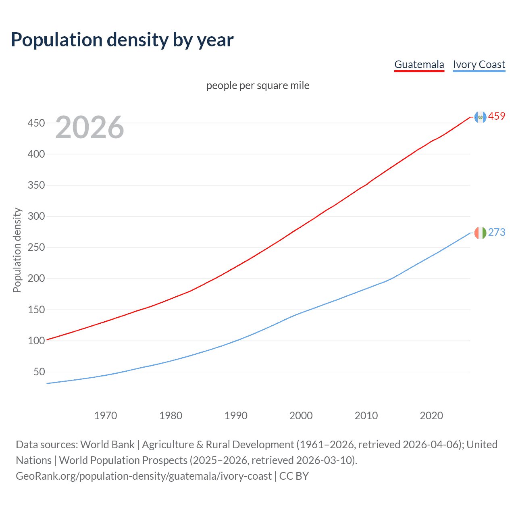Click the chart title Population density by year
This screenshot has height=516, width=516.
(x=122, y=40)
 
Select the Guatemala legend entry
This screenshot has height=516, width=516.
(x=419, y=64)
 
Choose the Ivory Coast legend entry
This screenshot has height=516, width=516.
(x=479, y=64)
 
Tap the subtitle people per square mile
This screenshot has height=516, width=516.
(x=258, y=85)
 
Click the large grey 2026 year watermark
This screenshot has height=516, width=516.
(x=89, y=127)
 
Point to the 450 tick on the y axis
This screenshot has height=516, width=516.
(x=36, y=123)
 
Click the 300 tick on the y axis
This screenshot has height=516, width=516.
(x=36, y=216)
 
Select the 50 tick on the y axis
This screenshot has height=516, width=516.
(x=39, y=372)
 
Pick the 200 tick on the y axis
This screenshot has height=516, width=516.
(x=36, y=278)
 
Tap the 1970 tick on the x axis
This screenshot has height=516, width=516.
(x=106, y=416)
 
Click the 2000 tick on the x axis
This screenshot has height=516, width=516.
(x=301, y=416)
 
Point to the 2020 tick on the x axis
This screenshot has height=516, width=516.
(x=431, y=416)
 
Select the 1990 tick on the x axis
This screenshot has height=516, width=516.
(x=236, y=416)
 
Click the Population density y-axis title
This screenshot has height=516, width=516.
(x=17, y=250)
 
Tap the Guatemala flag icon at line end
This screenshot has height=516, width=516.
(x=480, y=117)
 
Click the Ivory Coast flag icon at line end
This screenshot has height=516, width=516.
(x=480, y=233)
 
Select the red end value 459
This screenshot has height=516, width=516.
(x=497, y=117)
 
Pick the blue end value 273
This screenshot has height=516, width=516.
(x=497, y=232)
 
